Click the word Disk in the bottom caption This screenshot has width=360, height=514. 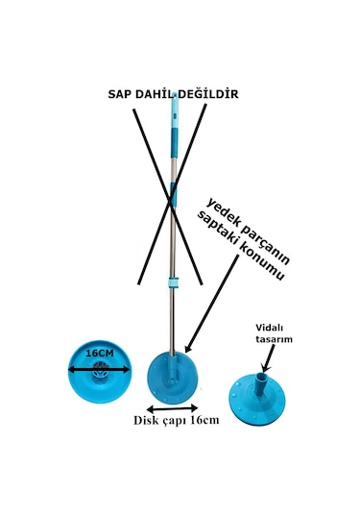[148, 421]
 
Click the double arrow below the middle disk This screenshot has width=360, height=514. [174, 407]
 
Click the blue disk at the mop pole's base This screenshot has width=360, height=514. [174, 379]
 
